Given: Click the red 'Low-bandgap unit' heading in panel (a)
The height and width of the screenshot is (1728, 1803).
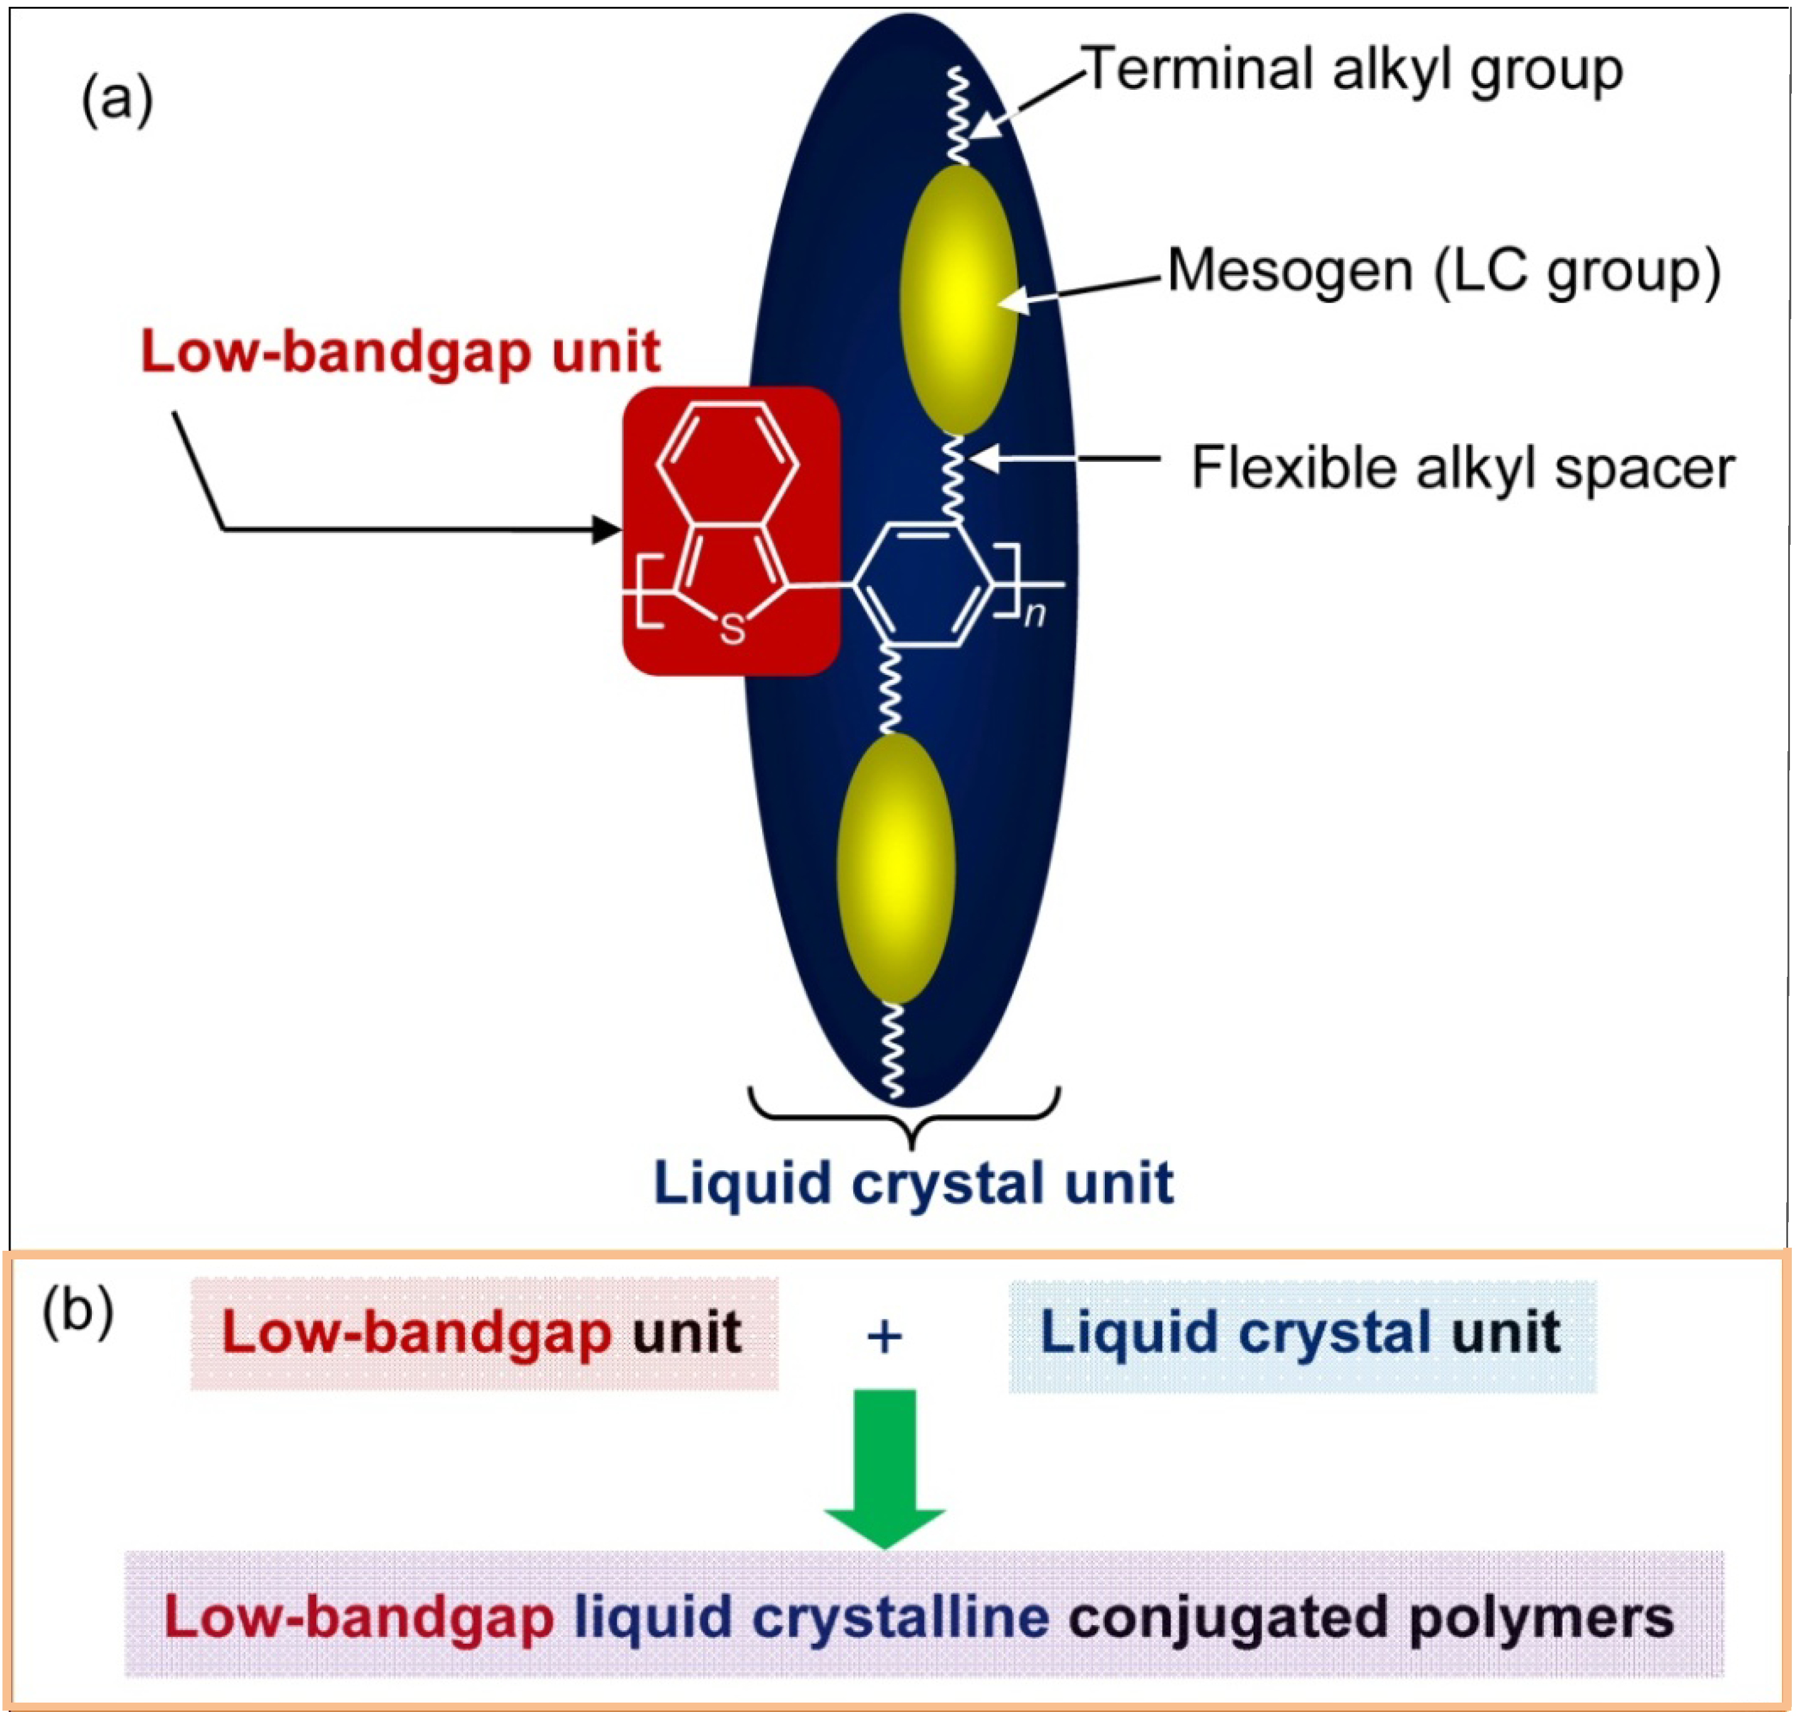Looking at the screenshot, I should (x=400, y=352).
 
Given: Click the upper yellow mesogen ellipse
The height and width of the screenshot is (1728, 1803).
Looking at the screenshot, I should (x=959, y=299).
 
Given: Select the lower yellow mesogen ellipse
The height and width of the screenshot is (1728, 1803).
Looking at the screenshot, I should (x=895, y=866).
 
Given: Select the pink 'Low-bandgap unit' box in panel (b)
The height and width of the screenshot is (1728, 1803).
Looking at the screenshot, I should (x=484, y=1333).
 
